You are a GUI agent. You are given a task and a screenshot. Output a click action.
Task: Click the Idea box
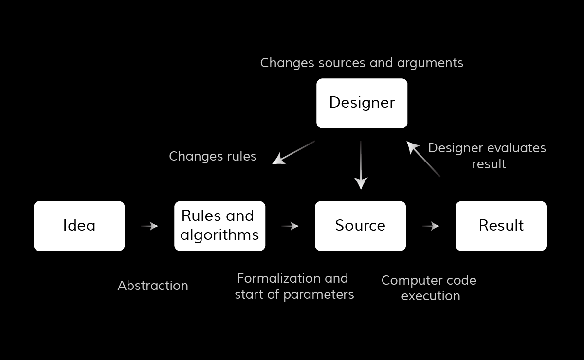[x=79, y=226]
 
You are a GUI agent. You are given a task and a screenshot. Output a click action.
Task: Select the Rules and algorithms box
[x=220, y=226]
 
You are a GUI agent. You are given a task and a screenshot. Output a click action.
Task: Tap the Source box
[x=360, y=226]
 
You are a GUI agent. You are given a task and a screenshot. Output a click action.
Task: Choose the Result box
[x=501, y=226]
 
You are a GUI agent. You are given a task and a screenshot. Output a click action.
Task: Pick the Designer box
[x=362, y=103]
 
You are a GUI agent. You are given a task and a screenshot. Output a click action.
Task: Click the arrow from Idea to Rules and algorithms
[x=149, y=226]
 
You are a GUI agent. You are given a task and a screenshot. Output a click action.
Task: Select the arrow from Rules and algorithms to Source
[x=290, y=226]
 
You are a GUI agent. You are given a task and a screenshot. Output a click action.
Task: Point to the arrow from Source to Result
[x=431, y=226]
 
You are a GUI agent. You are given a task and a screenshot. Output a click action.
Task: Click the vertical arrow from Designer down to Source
[x=361, y=165]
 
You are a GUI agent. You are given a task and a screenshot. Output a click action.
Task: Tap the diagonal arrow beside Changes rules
[x=293, y=153]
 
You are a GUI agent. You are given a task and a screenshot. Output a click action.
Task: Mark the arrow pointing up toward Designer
[x=423, y=159]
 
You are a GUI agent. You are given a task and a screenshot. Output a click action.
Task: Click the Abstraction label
[x=153, y=286]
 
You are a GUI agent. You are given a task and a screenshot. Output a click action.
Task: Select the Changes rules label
[x=213, y=157]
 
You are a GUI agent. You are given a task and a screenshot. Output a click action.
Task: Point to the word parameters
[x=319, y=295]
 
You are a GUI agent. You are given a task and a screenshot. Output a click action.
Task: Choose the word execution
[x=431, y=296]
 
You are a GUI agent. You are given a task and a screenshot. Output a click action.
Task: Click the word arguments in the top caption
[x=430, y=63]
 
